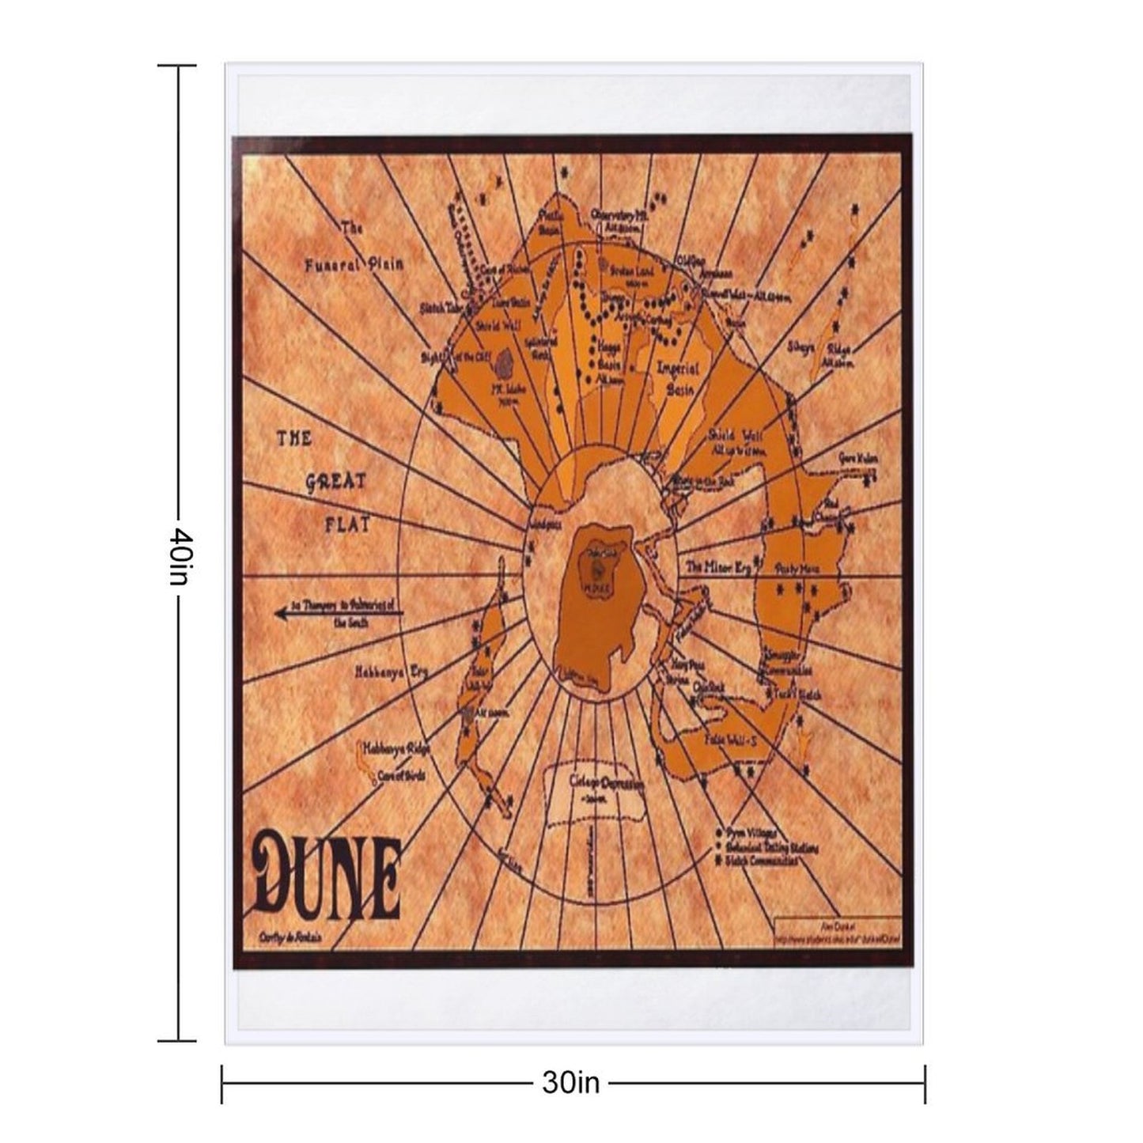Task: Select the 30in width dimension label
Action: (570, 1082)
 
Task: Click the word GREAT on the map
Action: (335, 482)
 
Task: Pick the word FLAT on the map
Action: (347, 524)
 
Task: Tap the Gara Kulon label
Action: (858, 460)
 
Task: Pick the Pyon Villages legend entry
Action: (751, 834)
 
